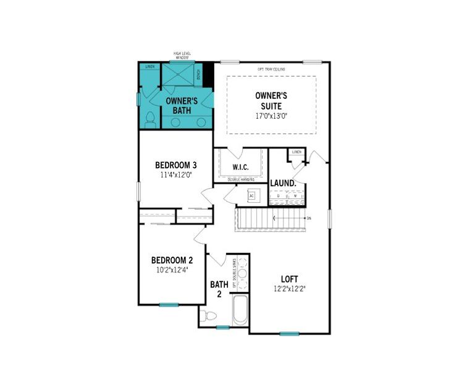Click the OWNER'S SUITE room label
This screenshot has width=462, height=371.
pos(272,101)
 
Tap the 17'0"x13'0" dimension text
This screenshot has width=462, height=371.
pos(272,115)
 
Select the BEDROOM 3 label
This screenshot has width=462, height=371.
pos(175,165)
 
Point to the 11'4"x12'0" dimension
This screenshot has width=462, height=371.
pos(175,175)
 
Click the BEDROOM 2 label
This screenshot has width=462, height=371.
pos(172,260)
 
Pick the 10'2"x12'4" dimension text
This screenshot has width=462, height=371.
pos(172,270)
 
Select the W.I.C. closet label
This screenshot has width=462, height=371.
pos(240,168)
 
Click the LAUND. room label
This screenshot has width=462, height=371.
pos(283,183)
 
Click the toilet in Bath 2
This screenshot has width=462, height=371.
pos(210,317)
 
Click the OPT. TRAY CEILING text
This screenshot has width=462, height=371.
pos(272,69)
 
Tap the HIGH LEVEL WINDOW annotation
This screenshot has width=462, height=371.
pos(182,56)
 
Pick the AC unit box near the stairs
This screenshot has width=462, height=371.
pos(251,195)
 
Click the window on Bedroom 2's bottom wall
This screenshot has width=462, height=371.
pos(169,304)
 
